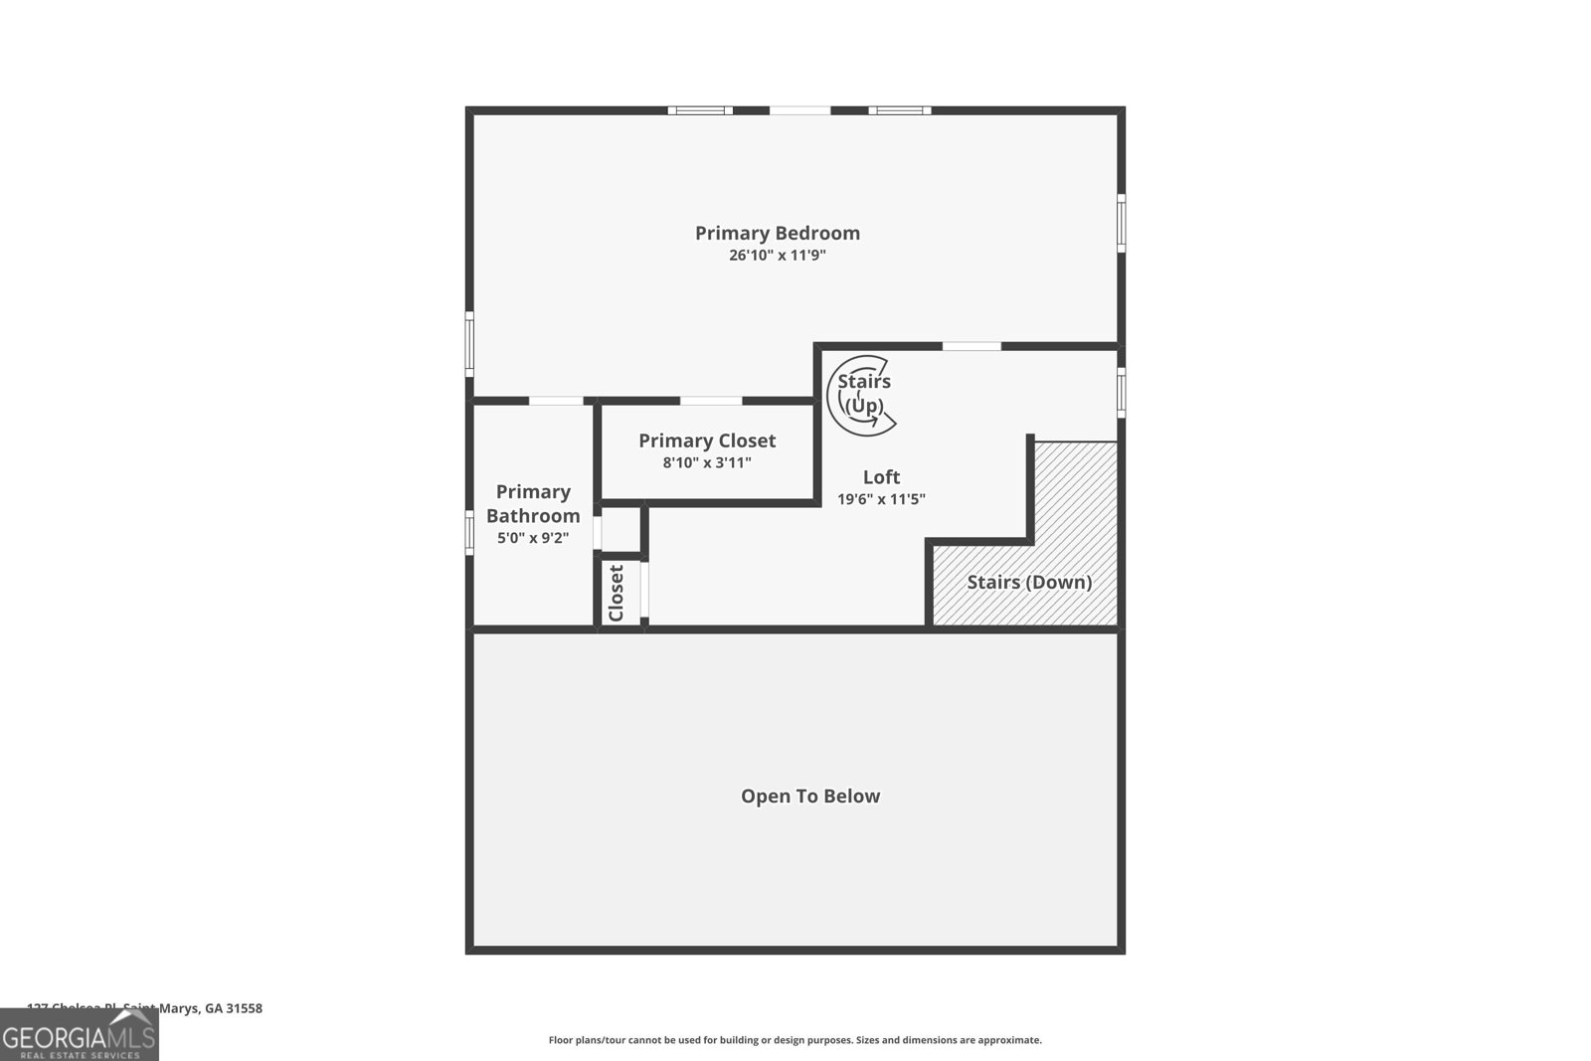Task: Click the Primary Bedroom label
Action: [x=777, y=233]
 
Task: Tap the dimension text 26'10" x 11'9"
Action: [x=777, y=256]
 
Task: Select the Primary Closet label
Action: [x=707, y=441]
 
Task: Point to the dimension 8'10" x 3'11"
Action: [x=707, y=462]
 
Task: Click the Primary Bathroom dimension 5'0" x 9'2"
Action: [x=533, y=538]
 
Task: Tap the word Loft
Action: [x=881, y=476]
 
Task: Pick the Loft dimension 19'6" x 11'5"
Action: [x=881, y=499]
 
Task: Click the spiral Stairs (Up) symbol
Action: [x=861, y=395]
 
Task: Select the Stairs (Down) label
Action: [x=1029, y=582]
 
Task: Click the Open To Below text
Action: [x=809, y=796]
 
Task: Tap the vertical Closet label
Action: [x=616, y=594]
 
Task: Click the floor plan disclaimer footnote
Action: [x=795, y=1040]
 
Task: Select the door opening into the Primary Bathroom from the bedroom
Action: [x=556, y=401]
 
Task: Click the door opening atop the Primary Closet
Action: [x=710, y=401]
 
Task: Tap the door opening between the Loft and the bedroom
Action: [x=971, y=346]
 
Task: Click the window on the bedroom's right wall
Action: [x=1121, y=224]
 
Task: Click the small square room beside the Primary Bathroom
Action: [x=620, y=530]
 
